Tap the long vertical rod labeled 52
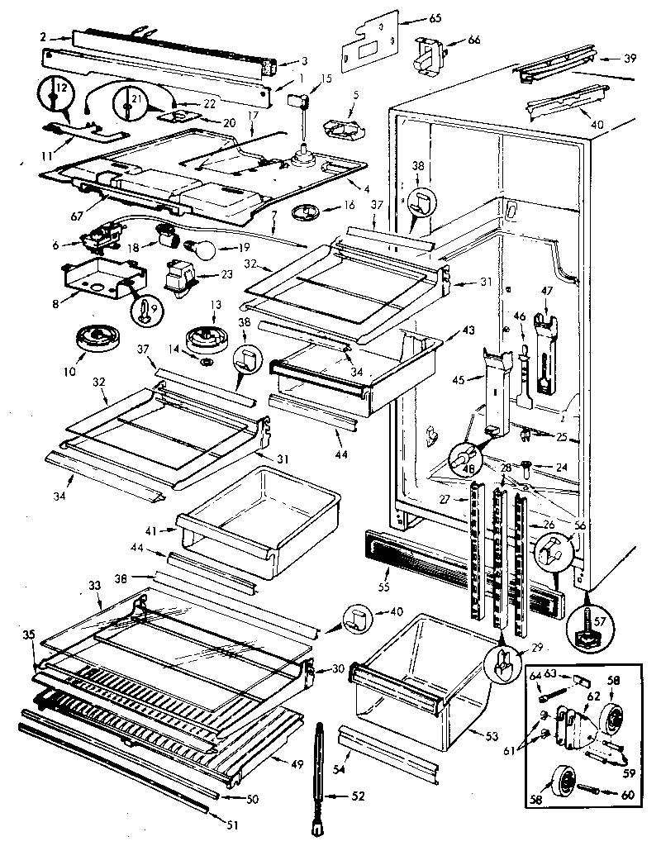click(x=320, y=767)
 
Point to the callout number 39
click(x=630, y=59)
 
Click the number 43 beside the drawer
click(x=468, y=329)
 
